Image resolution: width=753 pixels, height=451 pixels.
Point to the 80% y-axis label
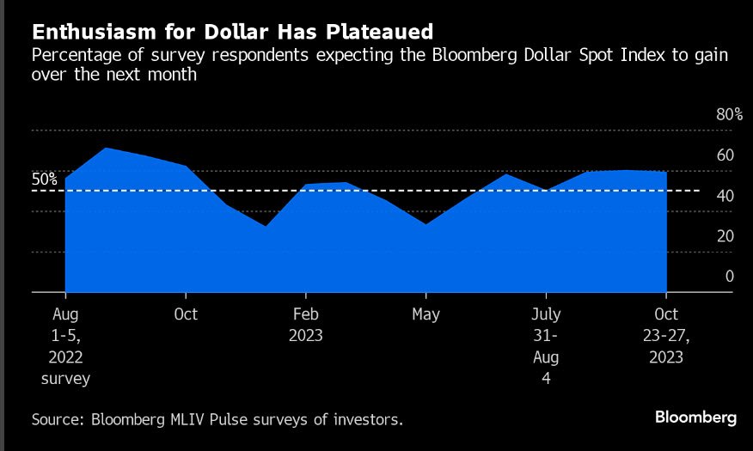(728, 115)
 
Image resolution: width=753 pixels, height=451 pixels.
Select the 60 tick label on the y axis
(725, 155)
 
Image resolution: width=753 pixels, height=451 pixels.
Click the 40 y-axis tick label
(725, 196)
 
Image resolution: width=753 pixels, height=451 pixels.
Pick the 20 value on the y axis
(725, 236)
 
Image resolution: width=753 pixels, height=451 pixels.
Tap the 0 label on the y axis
(730, 277)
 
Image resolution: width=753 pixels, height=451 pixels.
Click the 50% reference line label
(45, 180)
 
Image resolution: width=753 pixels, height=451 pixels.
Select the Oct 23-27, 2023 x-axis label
(667, 335)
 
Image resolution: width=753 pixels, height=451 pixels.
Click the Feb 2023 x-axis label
(306, 325)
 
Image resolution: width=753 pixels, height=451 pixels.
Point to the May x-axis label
(426, 314)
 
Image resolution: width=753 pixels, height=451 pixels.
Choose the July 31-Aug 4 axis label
(547, 345)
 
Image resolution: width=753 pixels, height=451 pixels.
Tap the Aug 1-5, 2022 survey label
(65, 345)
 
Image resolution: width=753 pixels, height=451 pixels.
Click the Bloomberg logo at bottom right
(695, 417)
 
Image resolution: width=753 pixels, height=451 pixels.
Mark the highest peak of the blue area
(106, 149)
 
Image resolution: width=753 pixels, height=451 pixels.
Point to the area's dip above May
(426, 225)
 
